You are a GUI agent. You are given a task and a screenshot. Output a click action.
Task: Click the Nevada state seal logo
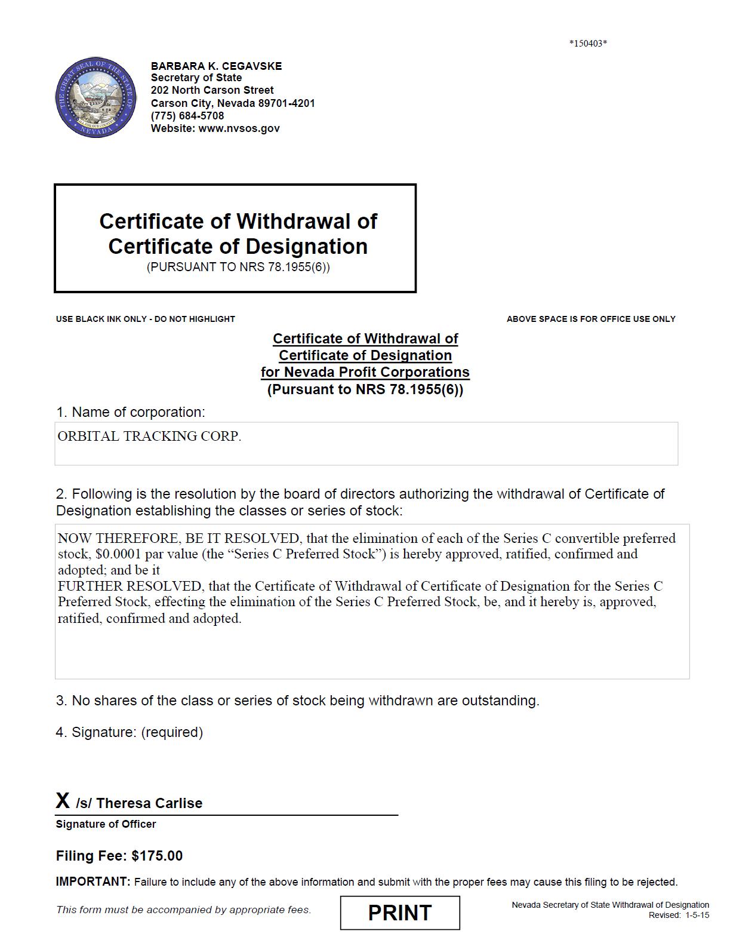coord(95,98)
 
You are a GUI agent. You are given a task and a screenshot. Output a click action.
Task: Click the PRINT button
coord(400,913)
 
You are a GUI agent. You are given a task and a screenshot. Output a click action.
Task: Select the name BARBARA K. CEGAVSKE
coord(216,66)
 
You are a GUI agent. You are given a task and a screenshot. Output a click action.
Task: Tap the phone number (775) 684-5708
coord(187,116)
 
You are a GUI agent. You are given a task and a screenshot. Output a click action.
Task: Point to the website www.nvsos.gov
coord(239,128)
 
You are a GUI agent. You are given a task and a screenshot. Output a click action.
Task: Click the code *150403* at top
coord(588,43)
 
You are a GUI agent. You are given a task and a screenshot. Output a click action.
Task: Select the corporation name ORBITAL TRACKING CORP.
coord(150,437)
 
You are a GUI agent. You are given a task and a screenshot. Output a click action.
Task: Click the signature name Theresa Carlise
coord(149,803)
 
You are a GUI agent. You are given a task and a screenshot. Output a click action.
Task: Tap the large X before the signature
coord(63,801)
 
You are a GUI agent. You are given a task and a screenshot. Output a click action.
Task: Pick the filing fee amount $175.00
coord(157,856)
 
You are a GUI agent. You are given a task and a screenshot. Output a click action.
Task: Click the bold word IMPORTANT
coord(93,881)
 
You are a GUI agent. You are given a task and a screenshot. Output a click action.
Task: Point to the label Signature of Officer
coord(106,824)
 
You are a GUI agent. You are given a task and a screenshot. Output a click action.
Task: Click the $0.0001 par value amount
coord(118,554)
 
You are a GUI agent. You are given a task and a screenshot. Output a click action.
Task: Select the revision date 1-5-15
coord(697,915)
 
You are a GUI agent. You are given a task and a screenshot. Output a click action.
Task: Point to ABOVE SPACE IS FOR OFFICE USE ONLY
coord(591,319)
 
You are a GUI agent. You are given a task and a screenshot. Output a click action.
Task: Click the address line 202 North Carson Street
coord(212,90)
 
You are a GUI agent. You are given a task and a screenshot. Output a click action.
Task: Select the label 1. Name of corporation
coord(130,412)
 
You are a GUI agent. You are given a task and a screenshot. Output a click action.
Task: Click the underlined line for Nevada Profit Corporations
coord(365,372)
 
